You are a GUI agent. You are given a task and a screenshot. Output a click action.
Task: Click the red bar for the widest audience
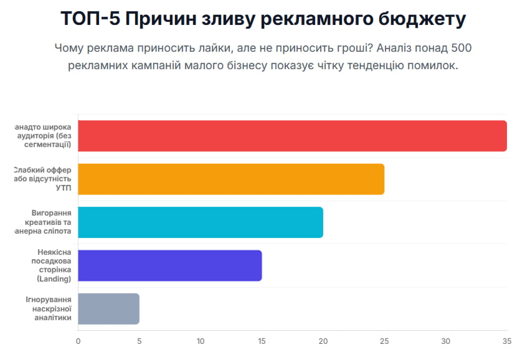coord(292,136)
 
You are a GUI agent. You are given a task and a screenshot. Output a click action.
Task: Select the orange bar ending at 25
coord(231,179)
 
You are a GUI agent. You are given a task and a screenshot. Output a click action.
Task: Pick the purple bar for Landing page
coord(170,265)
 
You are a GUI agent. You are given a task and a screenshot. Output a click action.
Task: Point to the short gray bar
coord(108,308)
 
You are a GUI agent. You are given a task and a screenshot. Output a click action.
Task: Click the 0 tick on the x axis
coord(78,341)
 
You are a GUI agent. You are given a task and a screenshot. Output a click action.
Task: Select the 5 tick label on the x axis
coord(139,341)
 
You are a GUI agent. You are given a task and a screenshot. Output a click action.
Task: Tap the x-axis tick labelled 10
coord(201,341)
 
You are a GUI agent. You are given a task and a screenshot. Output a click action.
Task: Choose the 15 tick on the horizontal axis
coord(262,341)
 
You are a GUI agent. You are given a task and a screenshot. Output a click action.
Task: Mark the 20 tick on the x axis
coord(323,341)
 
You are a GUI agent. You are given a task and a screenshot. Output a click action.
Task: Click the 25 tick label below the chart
coord(384,341)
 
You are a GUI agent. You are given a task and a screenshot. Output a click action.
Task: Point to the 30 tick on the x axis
coord(445,341)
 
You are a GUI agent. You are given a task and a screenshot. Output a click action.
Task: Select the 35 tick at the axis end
coord(506,341)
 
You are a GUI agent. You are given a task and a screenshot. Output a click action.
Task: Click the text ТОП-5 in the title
coord(89,19)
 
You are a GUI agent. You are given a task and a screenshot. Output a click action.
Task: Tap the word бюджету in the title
coord(422,19)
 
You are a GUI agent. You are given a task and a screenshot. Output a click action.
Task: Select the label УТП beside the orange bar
coord(64,187)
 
